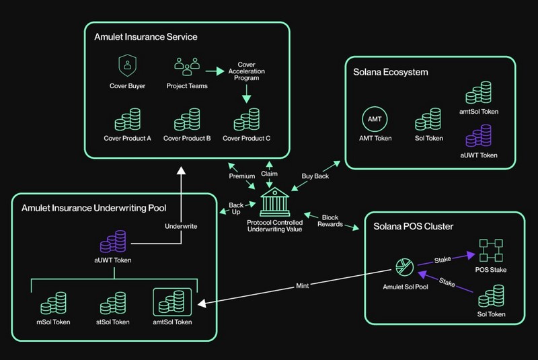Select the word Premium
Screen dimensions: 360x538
[241, 176]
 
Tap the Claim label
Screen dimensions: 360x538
[270, 173]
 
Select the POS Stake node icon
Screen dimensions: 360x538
[490, 250]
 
